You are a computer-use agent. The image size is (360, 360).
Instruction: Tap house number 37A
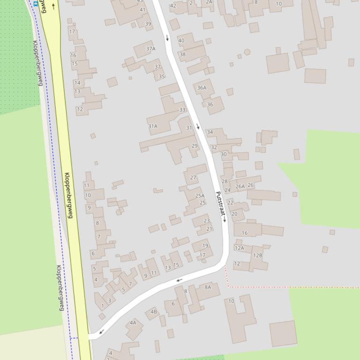point(150,49)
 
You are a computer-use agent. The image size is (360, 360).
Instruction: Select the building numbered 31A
point(153,126)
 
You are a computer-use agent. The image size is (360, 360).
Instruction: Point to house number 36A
point(201,87)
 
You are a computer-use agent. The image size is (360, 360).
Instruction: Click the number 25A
point(200,196)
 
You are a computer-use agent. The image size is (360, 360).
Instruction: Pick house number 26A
point(240,186)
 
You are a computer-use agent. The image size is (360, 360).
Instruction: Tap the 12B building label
point(257,255)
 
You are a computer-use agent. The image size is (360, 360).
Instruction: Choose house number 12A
point(239,248)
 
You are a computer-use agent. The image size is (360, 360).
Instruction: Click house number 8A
point(208,287)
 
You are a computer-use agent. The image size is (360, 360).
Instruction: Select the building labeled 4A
point(133,322)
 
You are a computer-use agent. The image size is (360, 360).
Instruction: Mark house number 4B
point(154,312)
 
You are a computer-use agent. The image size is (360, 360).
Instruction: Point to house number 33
point(182,110)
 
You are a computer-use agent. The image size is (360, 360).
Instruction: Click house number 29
point(195,146)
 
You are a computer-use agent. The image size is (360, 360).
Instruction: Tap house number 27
point(193,178)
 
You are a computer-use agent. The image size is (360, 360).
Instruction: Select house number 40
point(181,40)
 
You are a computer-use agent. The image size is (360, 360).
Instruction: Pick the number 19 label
point(205,245)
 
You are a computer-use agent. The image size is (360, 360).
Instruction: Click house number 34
point(210,132)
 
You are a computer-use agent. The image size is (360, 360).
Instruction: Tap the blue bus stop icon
point(36,4)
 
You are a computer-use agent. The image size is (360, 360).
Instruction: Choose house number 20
point(235,214)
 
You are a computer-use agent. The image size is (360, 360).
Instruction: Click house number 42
point(173,6)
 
